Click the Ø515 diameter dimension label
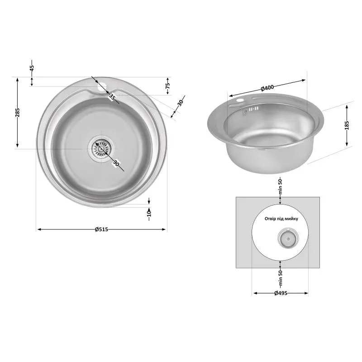coord(101,229)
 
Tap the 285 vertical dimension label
coord(17,112)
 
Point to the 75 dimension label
coord(167,85)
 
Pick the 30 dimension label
coord(181,102)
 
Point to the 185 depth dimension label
coord(347,125)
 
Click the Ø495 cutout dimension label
coord(281,293)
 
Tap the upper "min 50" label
coord(280,187)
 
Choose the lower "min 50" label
coord(280,271)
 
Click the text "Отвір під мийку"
coord(281,219)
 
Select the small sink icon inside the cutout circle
coord(286,237)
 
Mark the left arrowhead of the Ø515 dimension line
coord(38,229)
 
